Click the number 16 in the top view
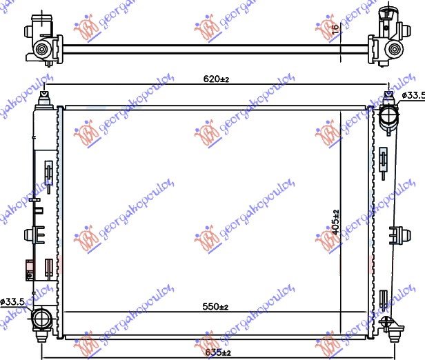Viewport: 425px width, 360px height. [335, 29]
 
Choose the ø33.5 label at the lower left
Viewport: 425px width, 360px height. [12, 301]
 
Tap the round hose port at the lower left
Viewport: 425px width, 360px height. [43, 318]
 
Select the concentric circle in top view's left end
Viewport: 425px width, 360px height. [43, 48]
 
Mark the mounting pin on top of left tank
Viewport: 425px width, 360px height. [45, 96]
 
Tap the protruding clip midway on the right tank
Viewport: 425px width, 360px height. [399, 234]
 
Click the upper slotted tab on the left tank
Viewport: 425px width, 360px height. [48, 170]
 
